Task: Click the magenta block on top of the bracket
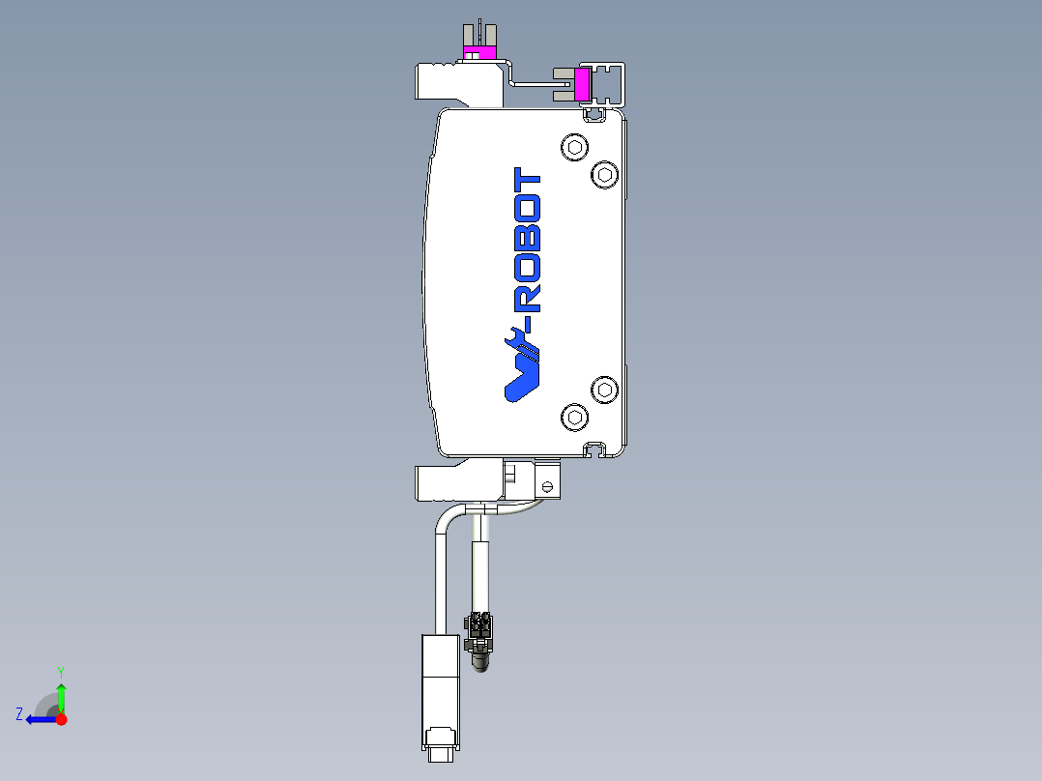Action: [479, 51]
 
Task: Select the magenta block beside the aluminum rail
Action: [583, 84]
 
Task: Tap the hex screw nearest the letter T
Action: [575, 148]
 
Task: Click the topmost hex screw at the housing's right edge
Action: [605, 174]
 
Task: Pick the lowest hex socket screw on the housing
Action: [575, 418]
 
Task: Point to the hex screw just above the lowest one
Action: [605, 390]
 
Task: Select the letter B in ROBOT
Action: [528, 239]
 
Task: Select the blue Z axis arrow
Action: [39, 719]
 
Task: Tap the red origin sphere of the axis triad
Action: [61, 719]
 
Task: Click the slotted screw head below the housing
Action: [549, 486]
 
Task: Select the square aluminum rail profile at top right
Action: [610, 85]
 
